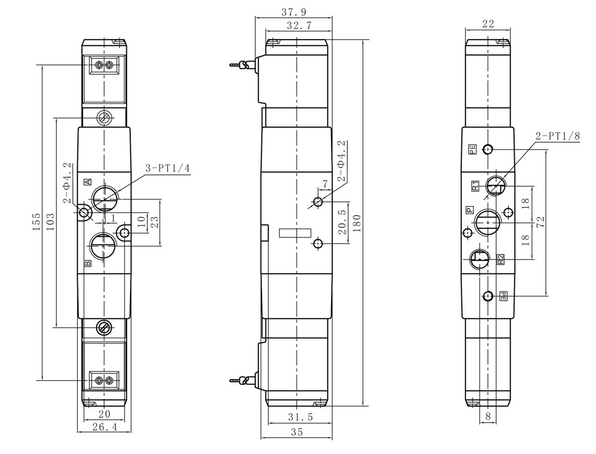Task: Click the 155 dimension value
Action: [x=36, y=222]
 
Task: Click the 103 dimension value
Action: [x=50, y=222]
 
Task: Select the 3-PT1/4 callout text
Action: [x=168, y=168]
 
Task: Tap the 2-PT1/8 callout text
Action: [x=558, y=136]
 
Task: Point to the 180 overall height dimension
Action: [x=357, y=223]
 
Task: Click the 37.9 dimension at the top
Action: [x=294, y=12]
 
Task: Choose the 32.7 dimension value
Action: [x=299, y=26]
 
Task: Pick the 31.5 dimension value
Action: [x=301, y=417]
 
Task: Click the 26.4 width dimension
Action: [x=105, y=427]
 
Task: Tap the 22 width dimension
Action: [x=488, y=23]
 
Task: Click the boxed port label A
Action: [x=88, y=182]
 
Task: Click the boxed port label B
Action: [x=87, y=263]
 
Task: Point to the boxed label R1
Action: [x=475, y=186]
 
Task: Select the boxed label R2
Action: [x=501, y=259]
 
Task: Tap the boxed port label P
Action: [x=470, y=210]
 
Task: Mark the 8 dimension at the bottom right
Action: [x=488, y=416]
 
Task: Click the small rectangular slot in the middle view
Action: [x=295, y=233]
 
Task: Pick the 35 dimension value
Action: [x=297, y=432]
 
